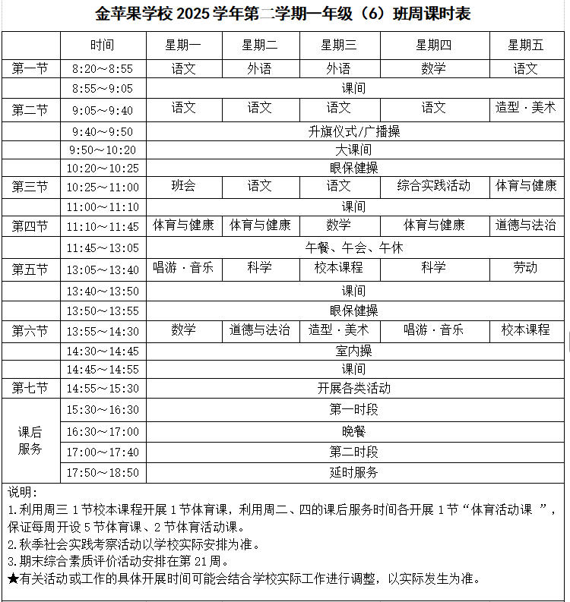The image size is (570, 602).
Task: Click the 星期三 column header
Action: coord(339,46)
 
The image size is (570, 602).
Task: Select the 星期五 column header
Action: coord(526,46)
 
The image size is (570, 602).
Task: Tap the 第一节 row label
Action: coord(30,69)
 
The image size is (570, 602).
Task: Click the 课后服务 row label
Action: coord(30,440)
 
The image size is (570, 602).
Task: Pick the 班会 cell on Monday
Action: coord(183,186)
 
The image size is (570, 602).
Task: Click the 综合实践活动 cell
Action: coord(433,186)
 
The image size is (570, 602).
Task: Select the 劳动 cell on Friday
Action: coord(526,268)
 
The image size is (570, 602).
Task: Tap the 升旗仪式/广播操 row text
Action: coord(353,131)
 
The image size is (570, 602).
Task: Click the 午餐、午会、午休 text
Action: coord(353,248)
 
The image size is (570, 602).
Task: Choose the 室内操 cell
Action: coord(353,351)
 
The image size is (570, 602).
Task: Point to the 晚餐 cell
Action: coord(353,431)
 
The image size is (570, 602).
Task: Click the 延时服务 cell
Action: coord(353,472)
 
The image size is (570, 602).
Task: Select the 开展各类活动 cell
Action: coord(353,389)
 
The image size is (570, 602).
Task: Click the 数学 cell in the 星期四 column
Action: coord(433,69)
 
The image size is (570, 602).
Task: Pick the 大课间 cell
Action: coord(353,150)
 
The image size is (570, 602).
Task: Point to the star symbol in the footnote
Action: coord(12,579)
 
